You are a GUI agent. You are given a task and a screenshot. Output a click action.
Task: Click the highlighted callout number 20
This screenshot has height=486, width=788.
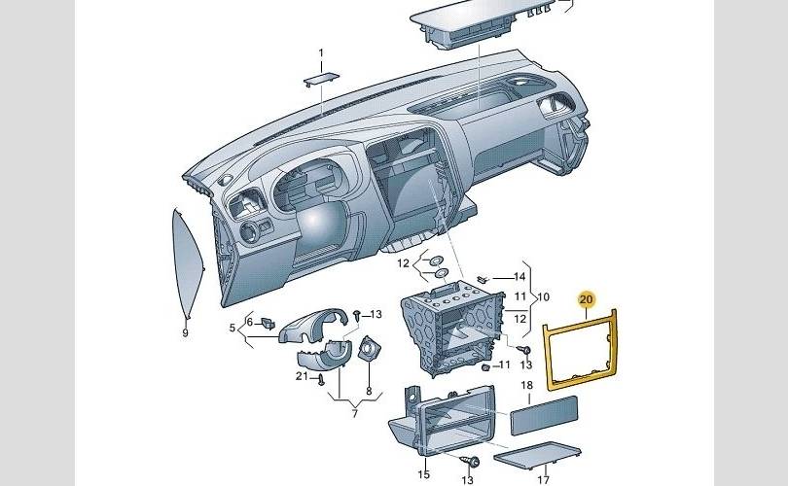(586, 299)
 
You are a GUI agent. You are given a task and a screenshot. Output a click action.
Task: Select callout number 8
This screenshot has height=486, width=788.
(543, 296)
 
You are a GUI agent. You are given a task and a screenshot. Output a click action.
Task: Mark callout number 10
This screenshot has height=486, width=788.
(519, 277)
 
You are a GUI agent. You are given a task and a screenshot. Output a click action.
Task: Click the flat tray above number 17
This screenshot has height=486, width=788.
(536, 455)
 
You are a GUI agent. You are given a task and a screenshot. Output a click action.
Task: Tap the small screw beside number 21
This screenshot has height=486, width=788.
(320, 381)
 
